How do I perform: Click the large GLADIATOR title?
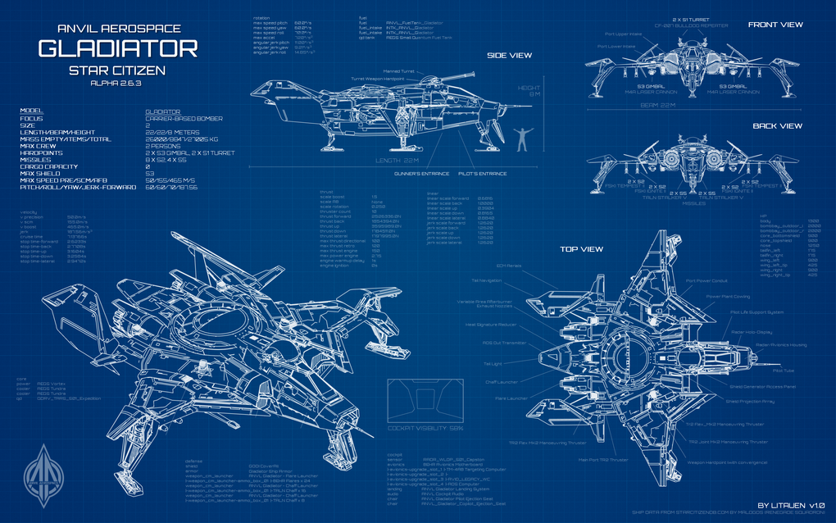(118, 48)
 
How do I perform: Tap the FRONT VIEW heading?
(775, 25)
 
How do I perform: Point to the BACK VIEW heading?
(777, 126)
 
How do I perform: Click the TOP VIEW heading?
(583, 248)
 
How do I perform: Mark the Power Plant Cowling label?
(728, 296)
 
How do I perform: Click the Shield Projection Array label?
(750, 401)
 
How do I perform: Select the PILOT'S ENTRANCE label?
(482, 175)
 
